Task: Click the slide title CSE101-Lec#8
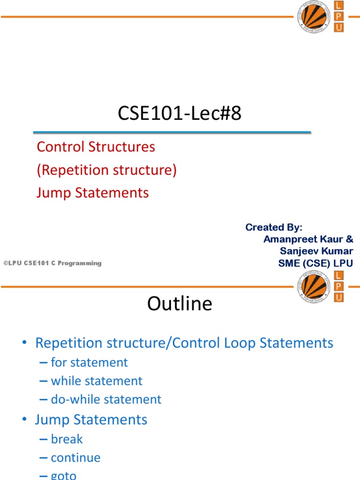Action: tap(180, 114)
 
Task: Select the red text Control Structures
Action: tap(96, 147)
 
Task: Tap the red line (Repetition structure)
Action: tap(106, 170)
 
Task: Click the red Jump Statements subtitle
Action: tap(92, 193)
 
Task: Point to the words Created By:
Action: tap(274, 227)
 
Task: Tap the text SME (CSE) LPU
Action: tap(315, 263)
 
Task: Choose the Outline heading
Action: tap(180, 304)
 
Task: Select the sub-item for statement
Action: tap(89, 362)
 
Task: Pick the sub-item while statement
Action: tap(97, 381)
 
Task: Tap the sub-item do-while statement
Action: tap(106, 399)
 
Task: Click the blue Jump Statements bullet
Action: tap(91, 419)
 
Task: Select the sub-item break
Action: tap(67, 439)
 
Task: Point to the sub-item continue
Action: tap(75, 458)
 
